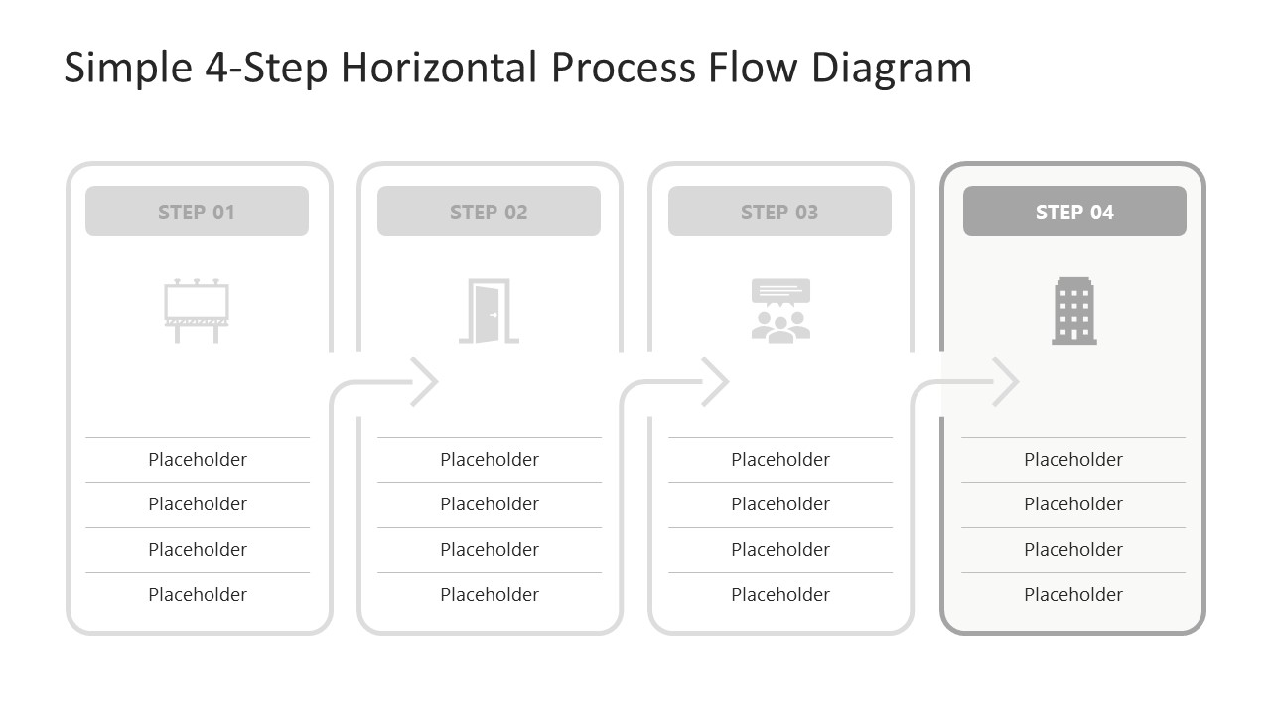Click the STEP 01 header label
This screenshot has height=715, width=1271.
[x=197, y=213]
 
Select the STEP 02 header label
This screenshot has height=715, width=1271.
[x=489, y=213]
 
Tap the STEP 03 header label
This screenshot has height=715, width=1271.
[x=779, y=213]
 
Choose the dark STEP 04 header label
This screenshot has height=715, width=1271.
[x=1074, y=213]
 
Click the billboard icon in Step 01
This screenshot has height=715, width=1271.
[x=197, y=311]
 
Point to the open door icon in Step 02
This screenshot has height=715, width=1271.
[x=489, y=311]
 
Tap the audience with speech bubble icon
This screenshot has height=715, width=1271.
[x=780, y=311]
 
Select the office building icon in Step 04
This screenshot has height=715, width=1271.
[x=1074, y=311]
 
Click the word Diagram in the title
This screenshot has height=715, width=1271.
[x=892, y=69]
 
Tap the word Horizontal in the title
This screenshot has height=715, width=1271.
[x=439, y=67]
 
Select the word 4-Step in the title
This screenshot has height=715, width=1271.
[x=266, y=69]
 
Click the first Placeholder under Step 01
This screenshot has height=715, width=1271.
[x=198, y=459]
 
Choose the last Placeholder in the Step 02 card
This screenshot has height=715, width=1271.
[x=490, y=594]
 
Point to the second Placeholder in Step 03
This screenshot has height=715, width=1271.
[x=780, y=503]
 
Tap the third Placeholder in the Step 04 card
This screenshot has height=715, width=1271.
[x=1073, y=549]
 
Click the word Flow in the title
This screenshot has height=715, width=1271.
[x=753, y=67]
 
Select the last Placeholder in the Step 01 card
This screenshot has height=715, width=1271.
[x=198, y=594]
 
